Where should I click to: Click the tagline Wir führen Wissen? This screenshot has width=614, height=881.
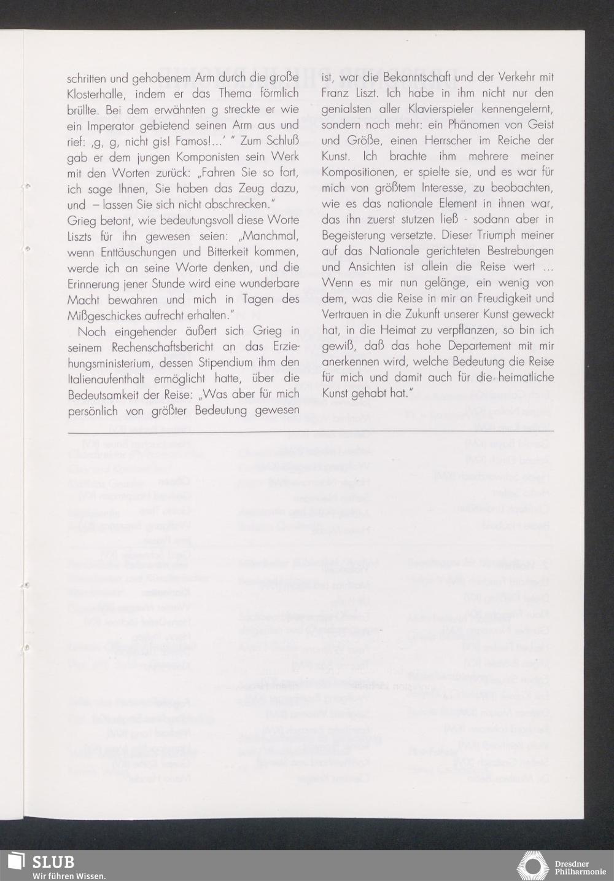pos(69,875)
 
